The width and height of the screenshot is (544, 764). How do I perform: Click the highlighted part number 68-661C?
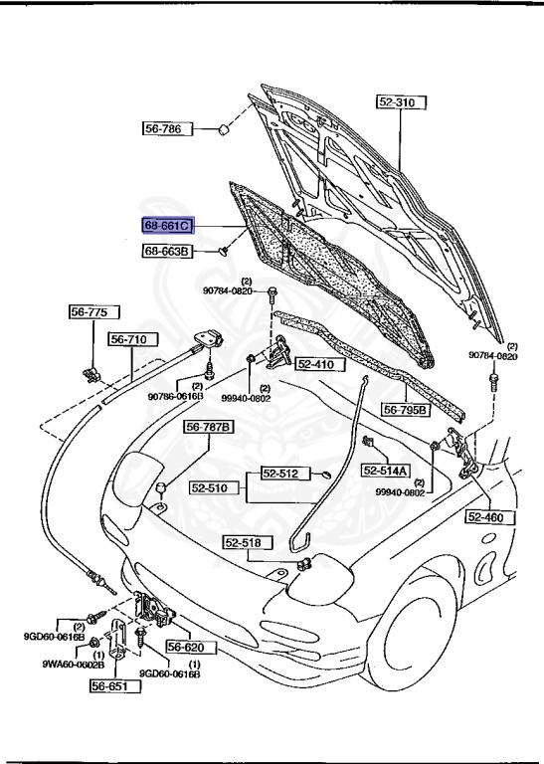[x=167, y=227]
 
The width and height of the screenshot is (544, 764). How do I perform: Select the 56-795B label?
[x=406, y=409]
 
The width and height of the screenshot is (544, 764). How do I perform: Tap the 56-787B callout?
[x=208, y=428]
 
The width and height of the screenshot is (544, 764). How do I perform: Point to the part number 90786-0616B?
[x=176, y=396]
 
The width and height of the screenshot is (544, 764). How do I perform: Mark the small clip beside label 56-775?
[x=91, y=373]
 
